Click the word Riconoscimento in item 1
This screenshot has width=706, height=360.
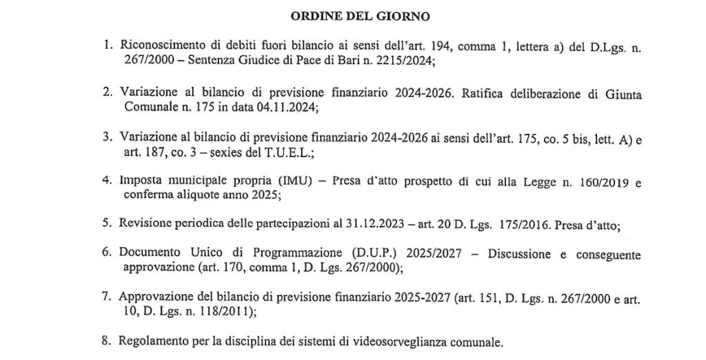(x=159, y=46)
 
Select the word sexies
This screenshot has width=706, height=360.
(x=186, y=155)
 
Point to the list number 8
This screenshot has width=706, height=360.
(x=107, y=341)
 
